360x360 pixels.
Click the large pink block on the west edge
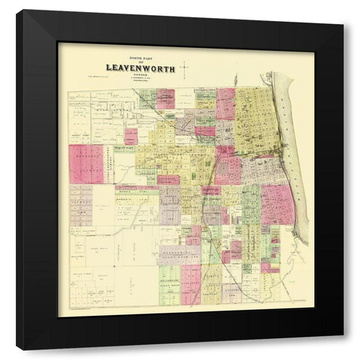click(85, 163)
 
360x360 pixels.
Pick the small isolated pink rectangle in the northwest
click(131, 136)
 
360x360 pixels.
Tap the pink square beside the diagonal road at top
click(165, 99)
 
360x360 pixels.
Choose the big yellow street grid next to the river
click(256, 120)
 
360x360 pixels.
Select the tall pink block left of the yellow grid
click(225, 103)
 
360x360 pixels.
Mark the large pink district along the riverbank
click(277, 202)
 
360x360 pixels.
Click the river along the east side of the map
click(294, 150)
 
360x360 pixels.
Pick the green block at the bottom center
click(170, 285)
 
